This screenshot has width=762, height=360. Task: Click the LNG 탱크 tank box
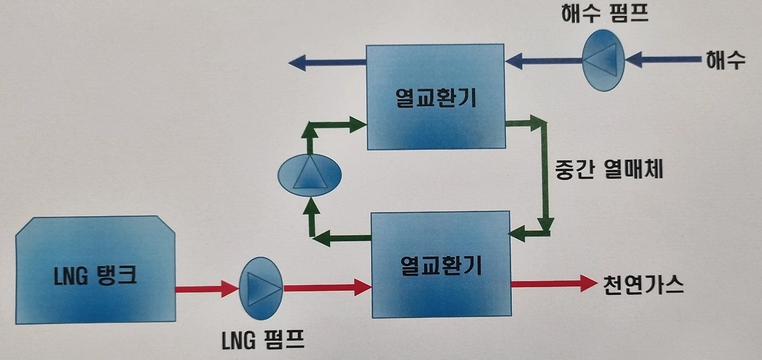tap(95, 271)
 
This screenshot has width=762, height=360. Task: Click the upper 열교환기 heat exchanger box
tap(436, 97)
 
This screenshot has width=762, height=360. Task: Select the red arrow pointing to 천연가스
tap(554, 284)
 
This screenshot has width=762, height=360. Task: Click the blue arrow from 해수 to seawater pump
tap(661, 60)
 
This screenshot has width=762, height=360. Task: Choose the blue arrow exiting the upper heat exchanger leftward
tap(327, 61)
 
